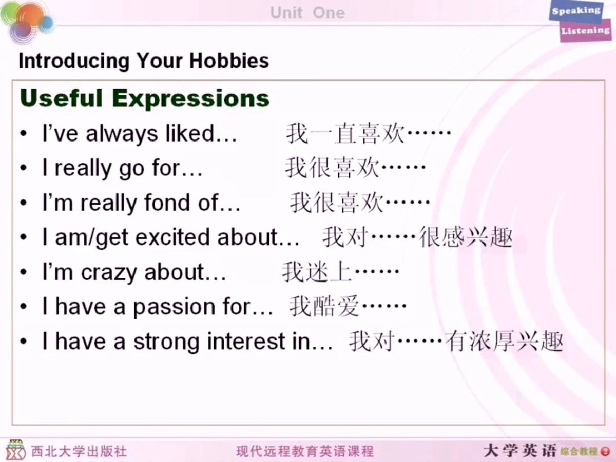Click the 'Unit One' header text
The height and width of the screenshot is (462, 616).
[x=307, y=13]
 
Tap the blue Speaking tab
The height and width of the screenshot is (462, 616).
[x=576, y=11]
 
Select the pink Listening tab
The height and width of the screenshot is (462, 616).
[x=586, y=31]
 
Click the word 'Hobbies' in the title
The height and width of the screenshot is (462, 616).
[x=229, y=61]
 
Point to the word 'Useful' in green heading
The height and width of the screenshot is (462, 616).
[x=62, y=98]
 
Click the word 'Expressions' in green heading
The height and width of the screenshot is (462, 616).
[x=191, y=98]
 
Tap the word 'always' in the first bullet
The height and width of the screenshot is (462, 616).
[x=122, y=134]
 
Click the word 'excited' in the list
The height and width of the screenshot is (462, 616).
[x=173, y=237]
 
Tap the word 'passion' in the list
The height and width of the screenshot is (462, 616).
[x=174, y=307]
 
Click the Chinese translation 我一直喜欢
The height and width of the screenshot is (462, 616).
[x=345, y=133]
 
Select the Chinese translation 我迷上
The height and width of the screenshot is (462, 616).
[x=317, y=272]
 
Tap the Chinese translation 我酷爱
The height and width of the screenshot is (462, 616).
[x=324, y=307]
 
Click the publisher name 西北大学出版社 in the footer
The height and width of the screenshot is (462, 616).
[x=79, y=451]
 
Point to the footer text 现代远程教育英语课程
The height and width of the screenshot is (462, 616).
[x=305, y=451]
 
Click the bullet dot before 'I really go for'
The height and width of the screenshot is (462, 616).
[x=24, y=168]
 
